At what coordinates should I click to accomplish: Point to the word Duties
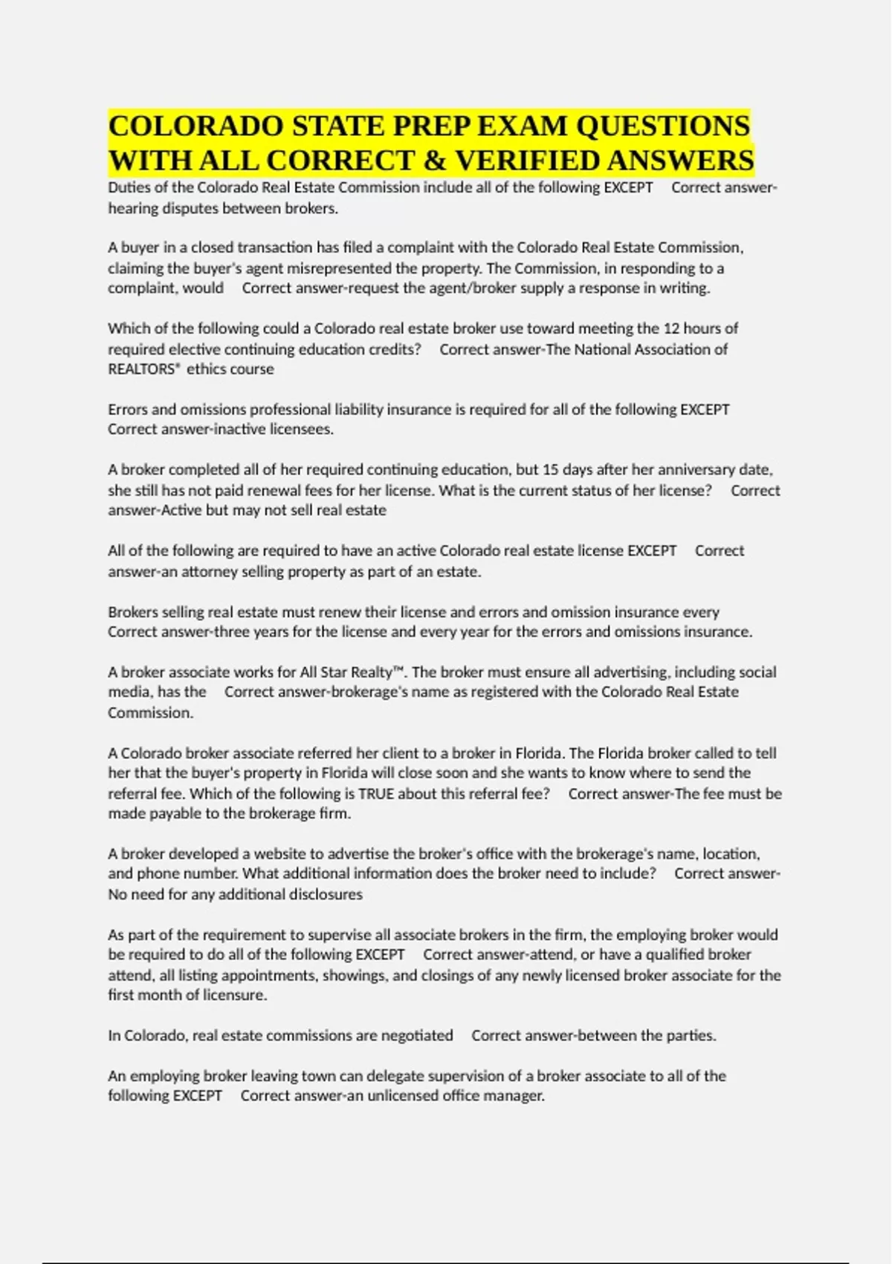(x=128, y=187)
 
